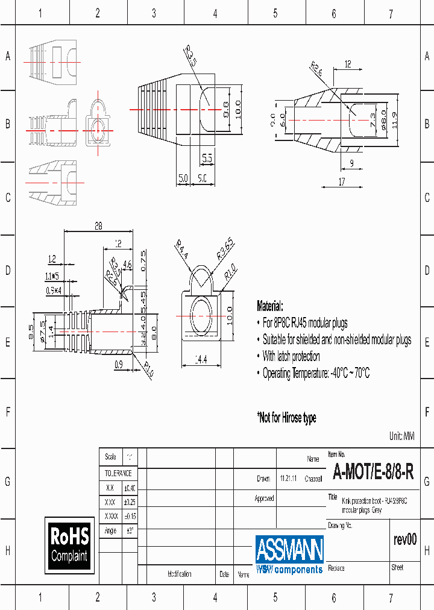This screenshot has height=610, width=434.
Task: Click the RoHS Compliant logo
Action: click(69, 545)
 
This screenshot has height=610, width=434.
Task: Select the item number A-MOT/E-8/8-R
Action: click(373, 472)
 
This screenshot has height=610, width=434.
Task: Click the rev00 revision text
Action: click(404, 539)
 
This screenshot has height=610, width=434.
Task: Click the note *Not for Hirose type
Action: click(286, 418)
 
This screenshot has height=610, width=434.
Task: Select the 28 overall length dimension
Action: click(98, 226)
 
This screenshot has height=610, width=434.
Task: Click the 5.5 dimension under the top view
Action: click(207, 159)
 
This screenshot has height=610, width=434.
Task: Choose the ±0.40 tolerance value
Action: click(130, 488)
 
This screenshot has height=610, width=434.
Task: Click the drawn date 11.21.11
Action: click(288, 479)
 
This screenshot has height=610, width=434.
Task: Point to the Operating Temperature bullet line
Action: click(316, 373)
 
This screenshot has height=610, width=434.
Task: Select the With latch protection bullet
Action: click(291, 356)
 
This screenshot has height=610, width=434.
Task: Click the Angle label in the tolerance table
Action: click(110, 531)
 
